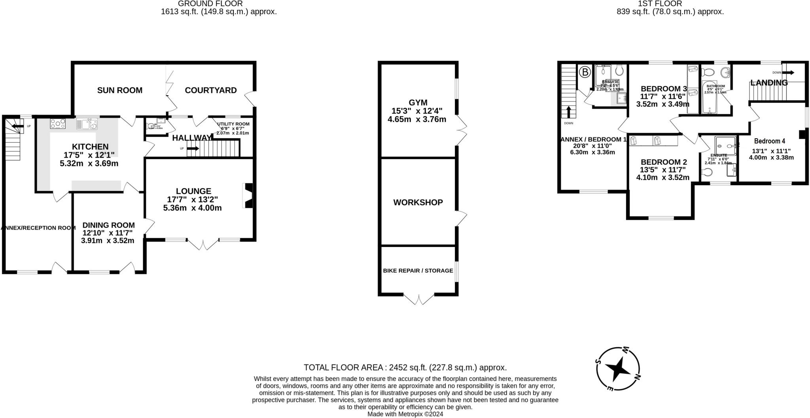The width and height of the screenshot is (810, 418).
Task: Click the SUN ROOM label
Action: pos(119,90)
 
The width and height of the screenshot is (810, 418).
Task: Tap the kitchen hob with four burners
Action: pos(58,124)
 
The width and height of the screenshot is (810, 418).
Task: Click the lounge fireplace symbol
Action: pos(248,195)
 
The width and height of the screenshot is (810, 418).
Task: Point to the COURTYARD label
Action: pos(211,90)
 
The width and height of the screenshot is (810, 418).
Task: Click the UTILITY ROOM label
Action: pos(233,124)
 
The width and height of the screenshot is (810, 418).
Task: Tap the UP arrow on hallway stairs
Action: pos(193,149)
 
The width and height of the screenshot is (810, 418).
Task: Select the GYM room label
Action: pos(418,103)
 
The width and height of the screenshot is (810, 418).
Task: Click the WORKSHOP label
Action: pos(418,202)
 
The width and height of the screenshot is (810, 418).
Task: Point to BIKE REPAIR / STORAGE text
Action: pos(418,271)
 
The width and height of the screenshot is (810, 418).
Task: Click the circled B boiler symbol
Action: pos(585,72)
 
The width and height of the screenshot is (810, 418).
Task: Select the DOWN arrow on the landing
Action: pos(787,73)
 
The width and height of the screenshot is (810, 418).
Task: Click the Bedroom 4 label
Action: pos(769,141)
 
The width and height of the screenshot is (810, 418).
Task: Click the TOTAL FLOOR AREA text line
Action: pos(405,367)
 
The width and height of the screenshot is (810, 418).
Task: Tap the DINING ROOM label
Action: pos(108,225)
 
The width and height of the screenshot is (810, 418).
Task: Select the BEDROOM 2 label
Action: pos(664,162)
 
